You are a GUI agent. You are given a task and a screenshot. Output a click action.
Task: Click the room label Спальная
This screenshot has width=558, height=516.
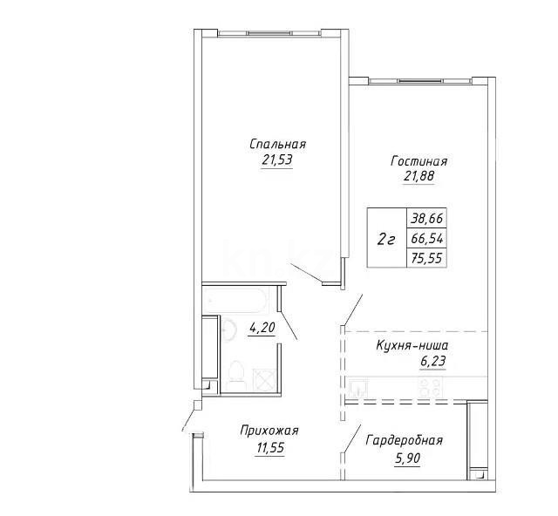tap(277, 144)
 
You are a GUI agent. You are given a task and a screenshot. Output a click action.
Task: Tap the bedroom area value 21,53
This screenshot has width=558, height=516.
tap(276, 160)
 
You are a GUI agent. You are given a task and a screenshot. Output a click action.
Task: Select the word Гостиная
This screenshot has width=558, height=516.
tap(419, 161)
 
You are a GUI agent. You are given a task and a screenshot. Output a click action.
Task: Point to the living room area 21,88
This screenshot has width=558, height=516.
tap(418, 176)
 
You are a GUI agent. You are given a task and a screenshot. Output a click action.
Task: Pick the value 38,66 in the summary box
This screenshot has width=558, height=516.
tap(425, 220)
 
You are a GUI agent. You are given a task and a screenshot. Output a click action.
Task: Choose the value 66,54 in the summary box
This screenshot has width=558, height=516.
tap(425, 238)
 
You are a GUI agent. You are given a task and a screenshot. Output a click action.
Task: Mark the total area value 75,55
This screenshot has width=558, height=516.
tap(425, 256)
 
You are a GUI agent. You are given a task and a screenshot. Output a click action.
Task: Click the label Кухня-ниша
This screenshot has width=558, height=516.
tap(412, 347)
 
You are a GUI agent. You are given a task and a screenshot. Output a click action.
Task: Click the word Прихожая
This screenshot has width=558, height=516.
tap(269, 431)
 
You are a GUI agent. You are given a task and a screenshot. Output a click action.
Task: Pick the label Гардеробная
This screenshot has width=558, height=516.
tap(404, 441)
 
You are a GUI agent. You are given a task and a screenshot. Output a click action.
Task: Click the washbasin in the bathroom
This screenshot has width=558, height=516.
tap(228, 330)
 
